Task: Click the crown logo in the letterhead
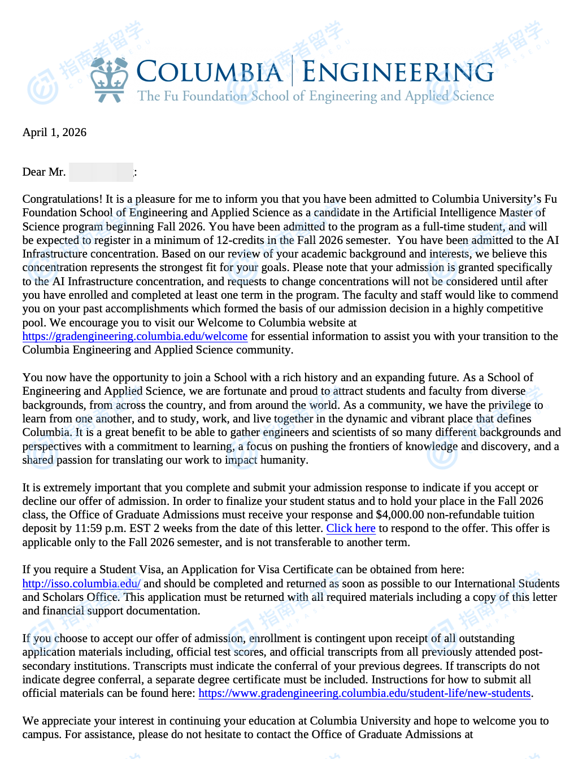[110, 79]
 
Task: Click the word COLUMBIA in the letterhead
[209, 72]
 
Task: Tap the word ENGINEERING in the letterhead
[398, 72]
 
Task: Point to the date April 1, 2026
[54, 132]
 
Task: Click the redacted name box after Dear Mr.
[101, 172]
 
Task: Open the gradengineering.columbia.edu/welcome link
[135, 337]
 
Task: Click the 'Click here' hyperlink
[351, 529]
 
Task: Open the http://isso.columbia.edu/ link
[81, 583]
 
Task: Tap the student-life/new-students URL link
[364, 693]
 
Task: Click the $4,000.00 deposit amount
[399, 515]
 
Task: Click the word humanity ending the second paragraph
[284, 460]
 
